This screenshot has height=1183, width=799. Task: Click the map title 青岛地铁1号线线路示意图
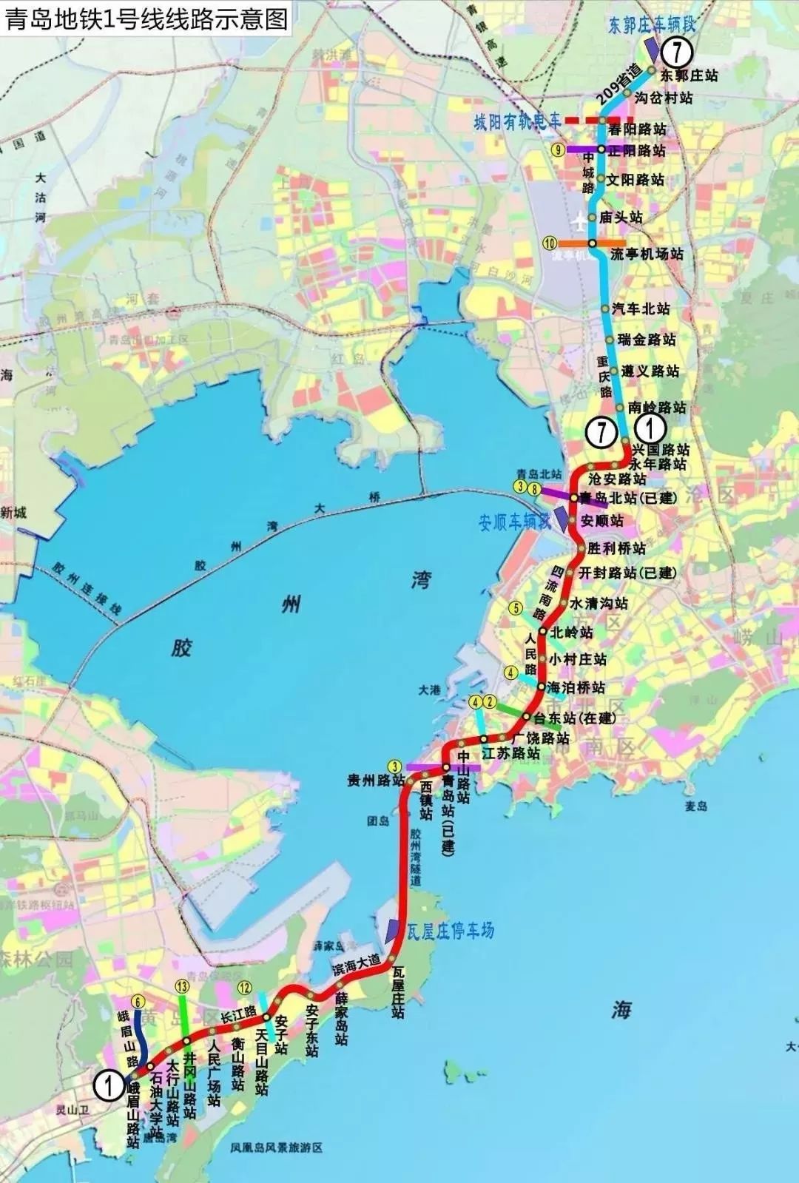point(146,18)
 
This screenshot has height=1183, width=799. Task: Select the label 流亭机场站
point(647,254)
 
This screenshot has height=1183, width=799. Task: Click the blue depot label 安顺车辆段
point(515,522)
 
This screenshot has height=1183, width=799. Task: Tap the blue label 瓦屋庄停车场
point(451,930)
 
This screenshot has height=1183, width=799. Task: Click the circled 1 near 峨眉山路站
point(109,1086)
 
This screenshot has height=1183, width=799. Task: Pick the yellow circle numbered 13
point(183,986)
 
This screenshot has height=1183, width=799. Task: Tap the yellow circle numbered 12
point(245,988)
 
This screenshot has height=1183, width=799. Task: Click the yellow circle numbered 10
point(550,242)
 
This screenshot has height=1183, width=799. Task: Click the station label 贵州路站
point(376,780)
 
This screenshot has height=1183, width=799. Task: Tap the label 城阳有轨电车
point(518,121)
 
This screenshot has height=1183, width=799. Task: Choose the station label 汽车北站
point(641,309)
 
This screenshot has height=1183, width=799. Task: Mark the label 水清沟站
point(599,603)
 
